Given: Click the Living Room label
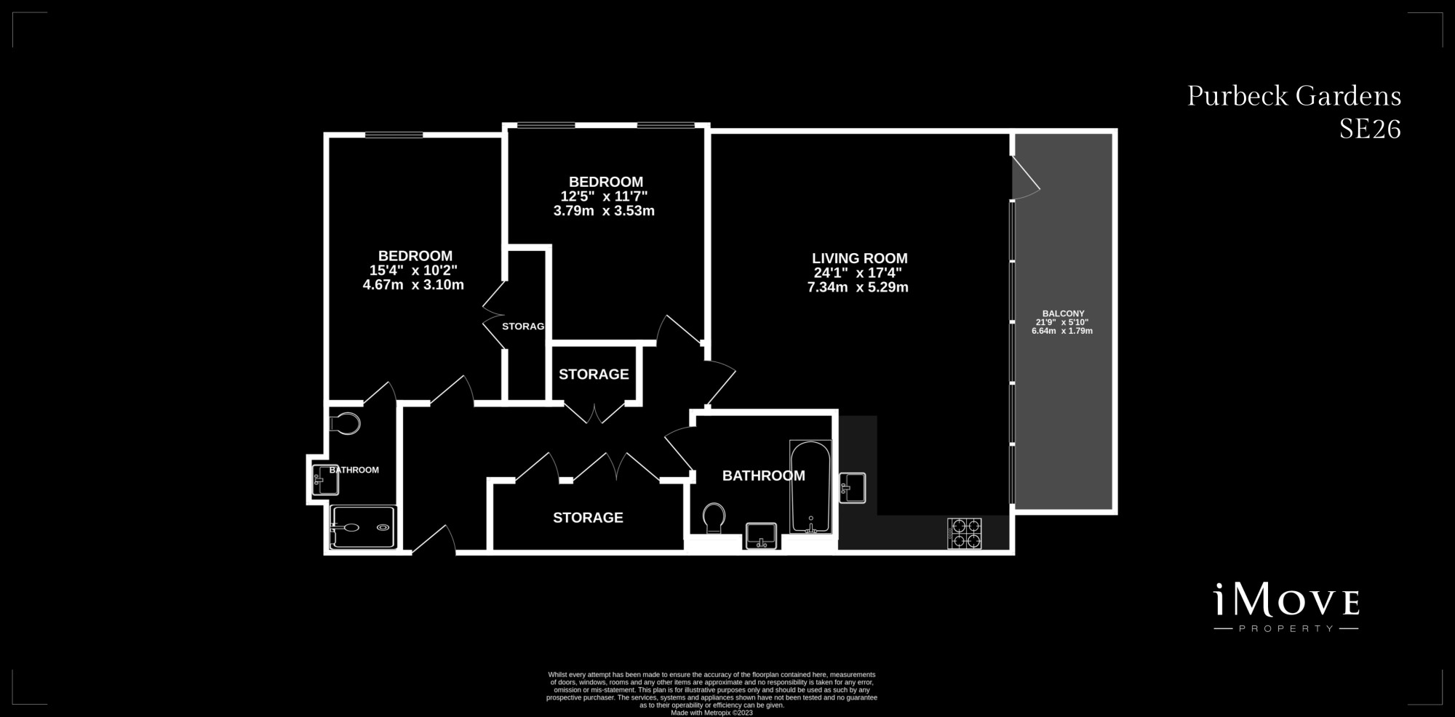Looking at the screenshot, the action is pyautogui.click(x=859, y=258).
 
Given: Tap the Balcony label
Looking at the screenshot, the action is pyautogui.click(x=1063, y=313).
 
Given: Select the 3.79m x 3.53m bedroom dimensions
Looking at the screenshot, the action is pyautogui.click(x=604, y=211).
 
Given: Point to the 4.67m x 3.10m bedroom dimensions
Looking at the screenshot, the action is pyautogui.click(x=413, y=285).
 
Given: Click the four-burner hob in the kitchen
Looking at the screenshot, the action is pyautogui.click(x=964, y=533).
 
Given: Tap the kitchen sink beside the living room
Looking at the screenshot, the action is pyautogui.click(x=853, y=487).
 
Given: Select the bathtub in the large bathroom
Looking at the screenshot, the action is pyautogui.click(x=810, y=487).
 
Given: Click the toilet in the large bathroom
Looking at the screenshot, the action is pyautogui.click(x=714, y=519).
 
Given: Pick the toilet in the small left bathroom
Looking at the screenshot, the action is pyautogui.click(x=345, y=423).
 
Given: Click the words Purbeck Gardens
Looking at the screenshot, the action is pyautogui.click(x=1294, y=96).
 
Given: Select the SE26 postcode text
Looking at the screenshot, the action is pyautogui.click(x=1370, y=129).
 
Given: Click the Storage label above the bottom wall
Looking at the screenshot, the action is pyautogui.click(x=588, y=518).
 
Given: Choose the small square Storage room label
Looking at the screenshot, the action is pyautogui.click(x=594, y=374).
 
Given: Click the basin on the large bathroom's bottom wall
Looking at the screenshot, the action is pyautogui.click(x=762, y=536).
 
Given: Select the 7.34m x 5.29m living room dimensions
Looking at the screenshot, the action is pyautogui.click(x=858, y=287).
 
